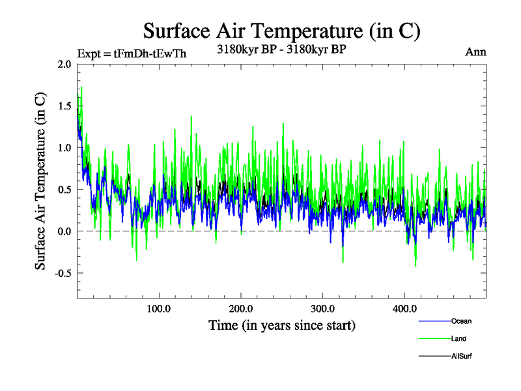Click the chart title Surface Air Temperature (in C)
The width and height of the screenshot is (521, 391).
coord(281,31)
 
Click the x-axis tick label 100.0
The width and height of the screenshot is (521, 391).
coord(159,309)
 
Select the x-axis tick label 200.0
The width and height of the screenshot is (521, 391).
coord(241,309)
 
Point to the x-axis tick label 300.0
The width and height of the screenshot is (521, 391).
coord(323,309)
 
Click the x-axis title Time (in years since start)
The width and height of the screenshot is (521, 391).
coord(282,325)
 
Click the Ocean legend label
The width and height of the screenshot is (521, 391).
coord(461,321)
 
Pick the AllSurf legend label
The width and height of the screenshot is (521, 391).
coord(461,356)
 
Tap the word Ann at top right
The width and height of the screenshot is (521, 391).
coord(475,52)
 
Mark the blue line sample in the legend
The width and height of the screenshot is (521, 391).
coord(432,321)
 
